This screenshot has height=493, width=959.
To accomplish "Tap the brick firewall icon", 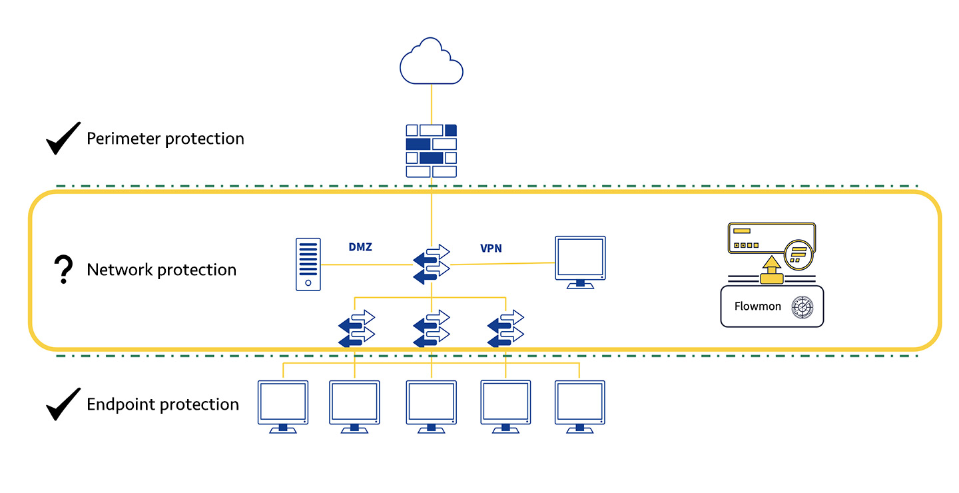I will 432,151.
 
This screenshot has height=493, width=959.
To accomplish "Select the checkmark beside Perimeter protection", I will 63,138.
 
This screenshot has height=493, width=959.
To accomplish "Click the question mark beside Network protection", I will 63,270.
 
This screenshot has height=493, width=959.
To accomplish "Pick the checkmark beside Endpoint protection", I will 63,404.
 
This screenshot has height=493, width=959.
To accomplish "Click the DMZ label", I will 360,248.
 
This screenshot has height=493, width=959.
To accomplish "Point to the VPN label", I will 491,248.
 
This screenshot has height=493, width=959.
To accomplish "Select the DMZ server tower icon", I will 308,264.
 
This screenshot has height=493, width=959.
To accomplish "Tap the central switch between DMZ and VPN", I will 432,264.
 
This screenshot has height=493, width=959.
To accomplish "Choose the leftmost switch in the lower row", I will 356,328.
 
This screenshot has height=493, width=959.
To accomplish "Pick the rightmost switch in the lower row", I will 505,328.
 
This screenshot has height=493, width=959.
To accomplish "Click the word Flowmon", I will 757,306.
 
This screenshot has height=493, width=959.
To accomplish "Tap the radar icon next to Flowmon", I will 801,307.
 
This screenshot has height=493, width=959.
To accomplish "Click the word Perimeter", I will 124,139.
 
